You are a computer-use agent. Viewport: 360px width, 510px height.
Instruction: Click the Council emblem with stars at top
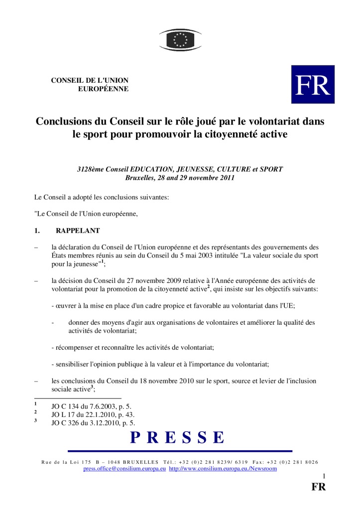(x=180, y=39)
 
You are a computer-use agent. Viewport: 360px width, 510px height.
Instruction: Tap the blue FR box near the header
(x=313, y=84)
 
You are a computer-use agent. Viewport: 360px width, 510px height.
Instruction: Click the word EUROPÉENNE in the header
(x=104, y=89)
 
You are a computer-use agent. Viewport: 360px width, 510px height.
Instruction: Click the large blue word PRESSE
(x=178, y=437)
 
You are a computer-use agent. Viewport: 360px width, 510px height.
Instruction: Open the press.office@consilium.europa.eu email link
(x=124, y=469)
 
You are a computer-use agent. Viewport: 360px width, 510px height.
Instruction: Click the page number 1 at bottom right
(x=324, y=476)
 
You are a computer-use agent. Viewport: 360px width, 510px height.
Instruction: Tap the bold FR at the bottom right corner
(x=319, y=487)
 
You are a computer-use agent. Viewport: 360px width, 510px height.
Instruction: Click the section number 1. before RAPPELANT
(x=37, y=231)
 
